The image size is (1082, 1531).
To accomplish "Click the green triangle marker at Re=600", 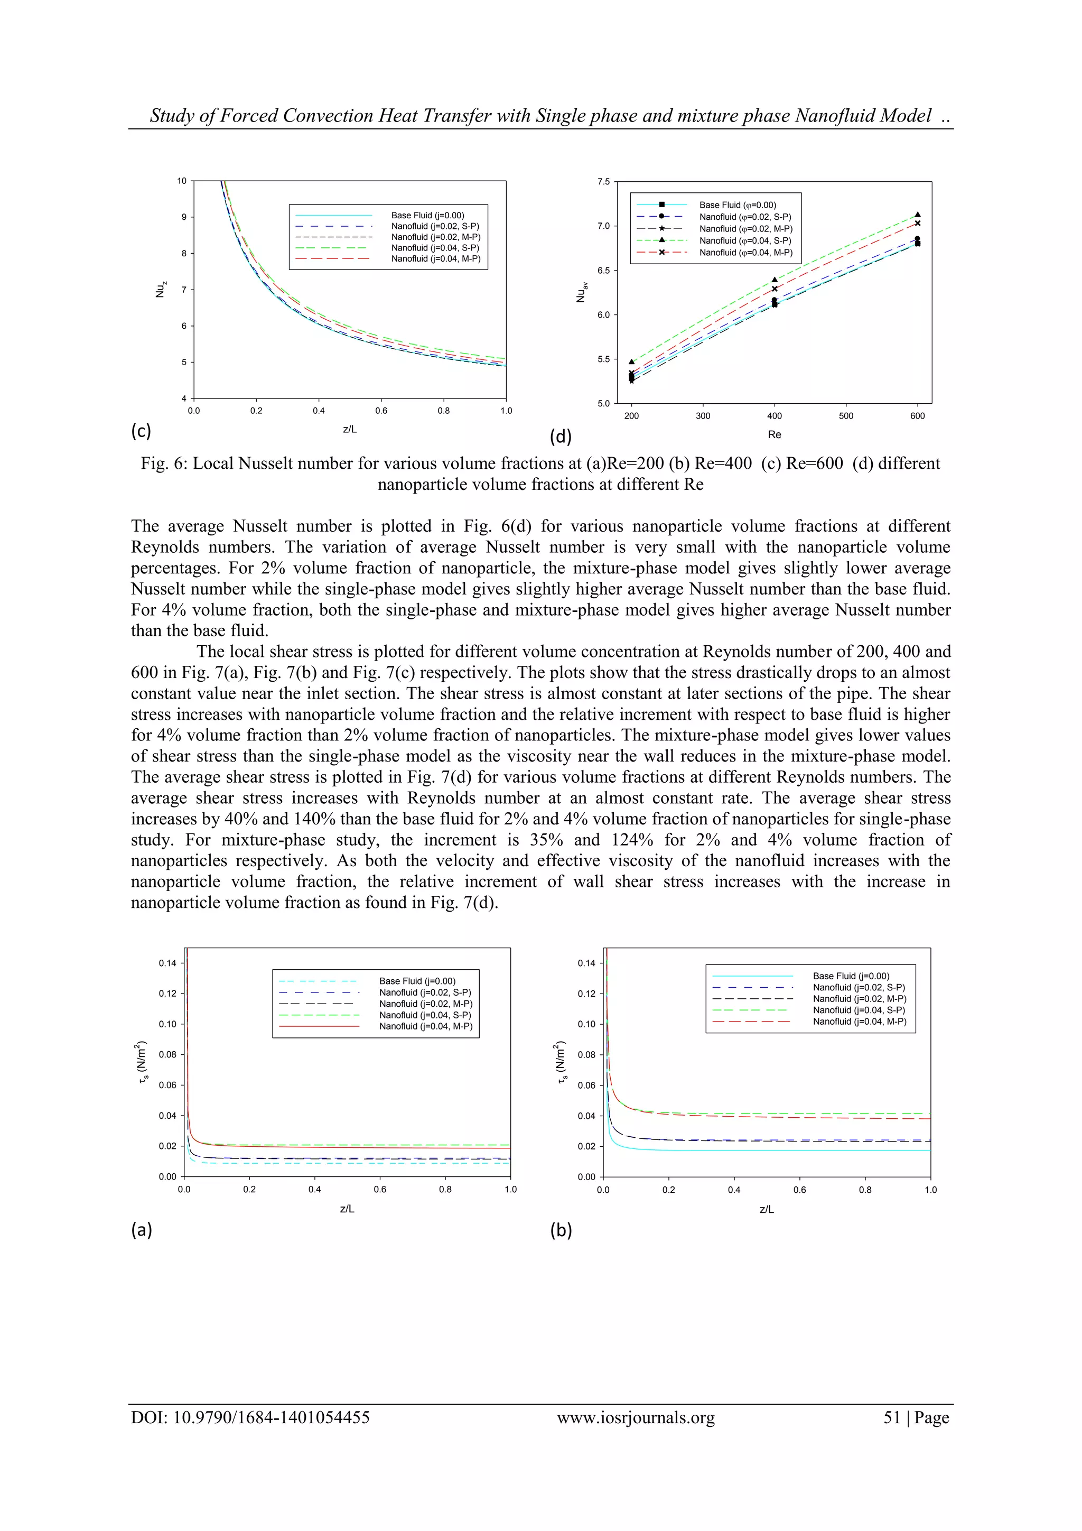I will click(917, 215).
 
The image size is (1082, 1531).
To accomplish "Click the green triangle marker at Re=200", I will click(631, 361).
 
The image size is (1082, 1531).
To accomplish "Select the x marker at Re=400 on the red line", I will click(774, 289).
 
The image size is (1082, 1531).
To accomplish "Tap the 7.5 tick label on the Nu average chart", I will click(603, 181).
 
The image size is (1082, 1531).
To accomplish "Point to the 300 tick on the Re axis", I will click(703, 416).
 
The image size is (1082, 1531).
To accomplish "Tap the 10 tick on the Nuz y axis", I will click(181, 181).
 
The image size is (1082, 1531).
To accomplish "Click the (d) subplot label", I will click(560, 437).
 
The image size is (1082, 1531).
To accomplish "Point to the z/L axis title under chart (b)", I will click(766, 1209).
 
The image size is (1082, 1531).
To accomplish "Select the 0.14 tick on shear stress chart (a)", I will click(167, 963).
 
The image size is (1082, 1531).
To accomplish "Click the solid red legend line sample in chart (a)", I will click(319, 1026).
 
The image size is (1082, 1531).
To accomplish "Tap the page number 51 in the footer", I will click(891, 1418).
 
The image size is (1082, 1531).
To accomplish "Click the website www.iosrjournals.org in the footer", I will click(636, 1418).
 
